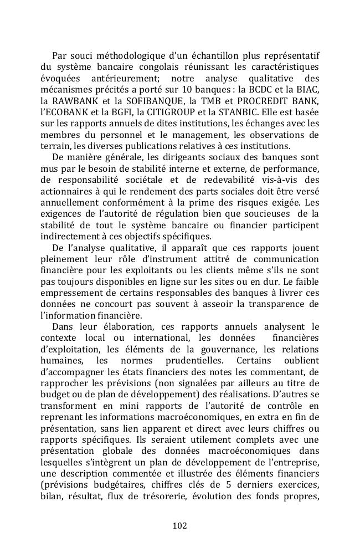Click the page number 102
pos(179,525)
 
